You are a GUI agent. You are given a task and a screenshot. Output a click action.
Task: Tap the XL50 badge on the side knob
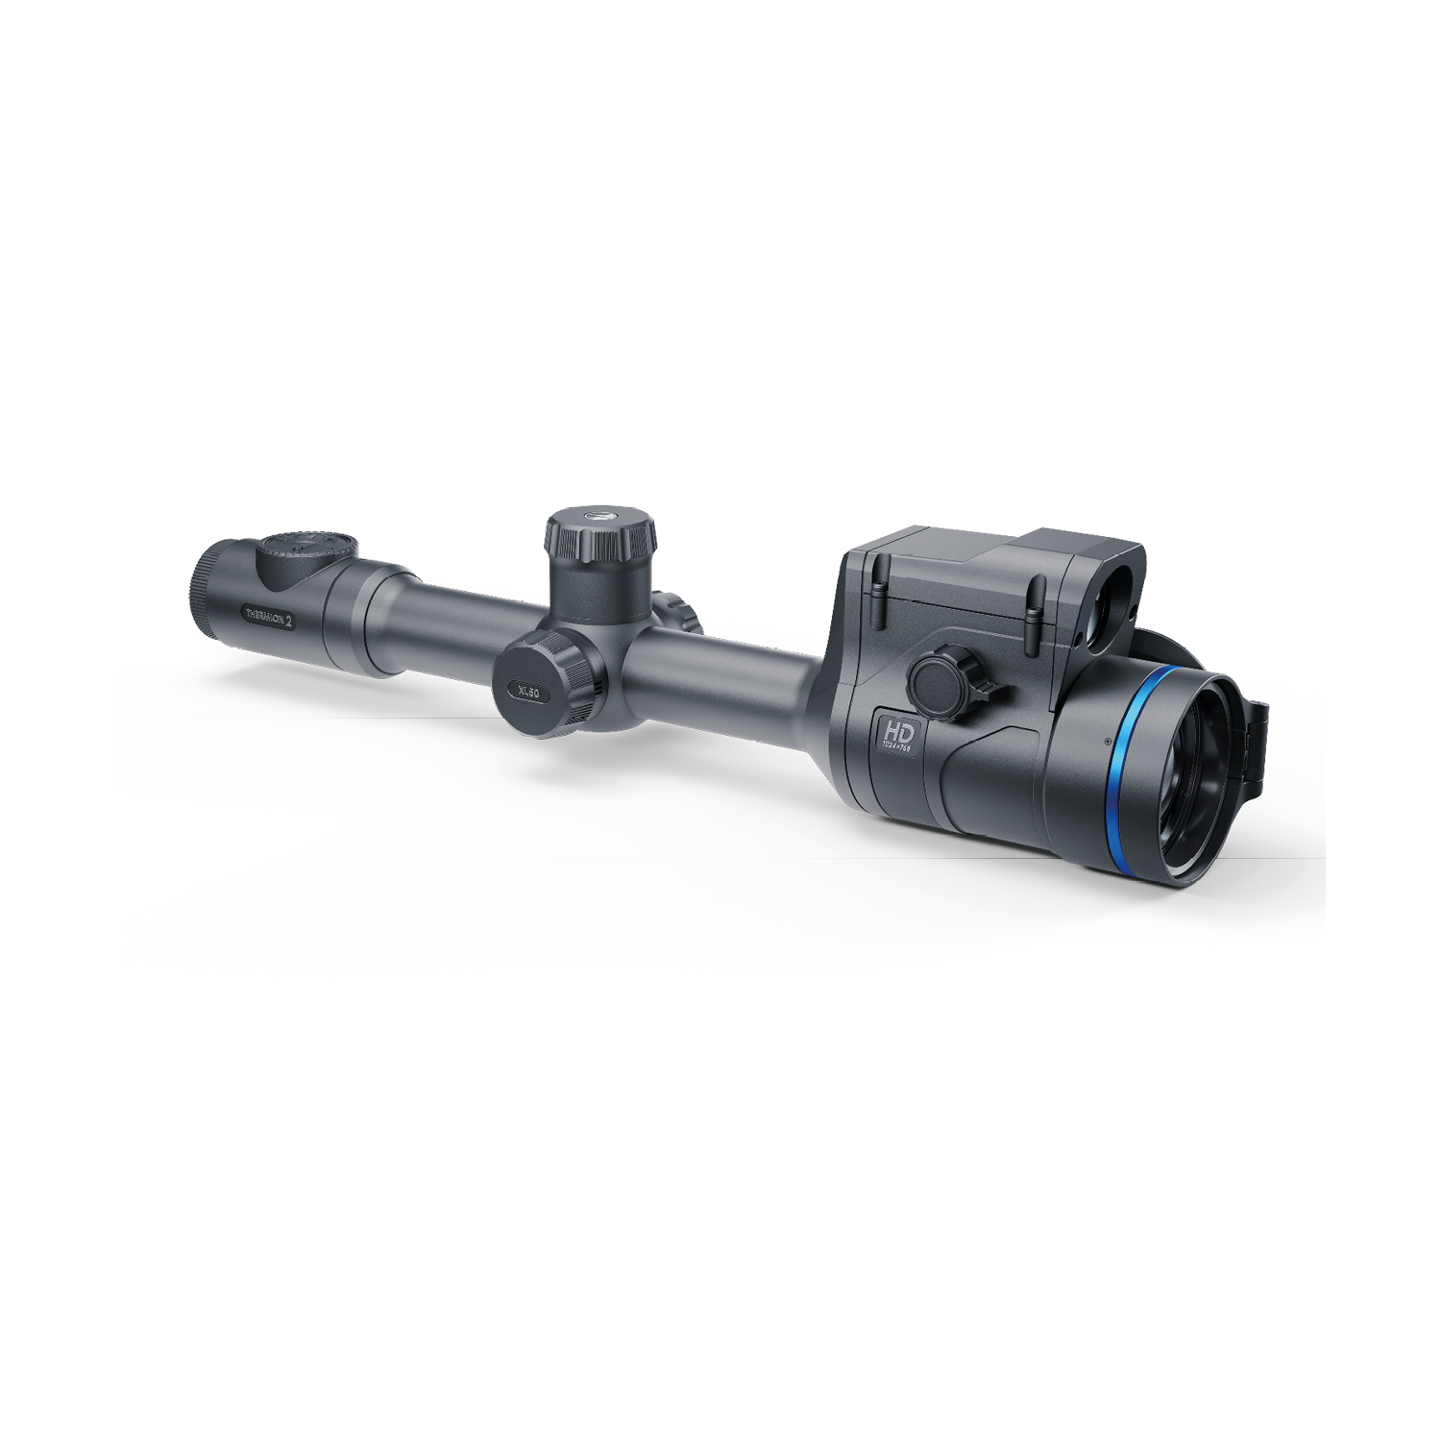coord(527,690)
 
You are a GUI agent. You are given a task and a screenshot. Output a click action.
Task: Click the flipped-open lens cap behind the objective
coord(1253,740)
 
